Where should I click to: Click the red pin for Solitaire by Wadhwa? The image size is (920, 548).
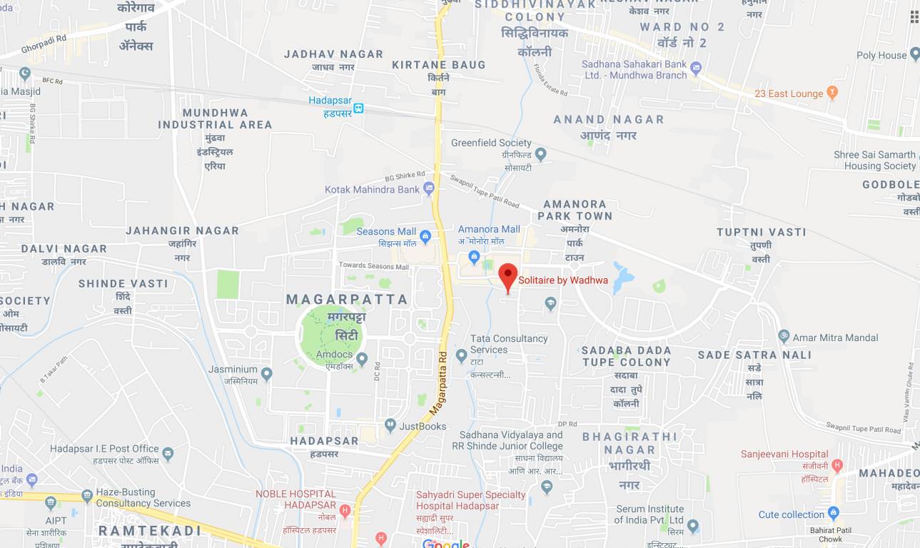(507, 275)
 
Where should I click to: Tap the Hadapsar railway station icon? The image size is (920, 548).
(358, 108)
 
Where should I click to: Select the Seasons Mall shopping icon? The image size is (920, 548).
(425, 235)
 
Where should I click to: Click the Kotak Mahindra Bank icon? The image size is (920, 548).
(429, 188)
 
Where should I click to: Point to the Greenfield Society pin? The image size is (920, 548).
(541, 153)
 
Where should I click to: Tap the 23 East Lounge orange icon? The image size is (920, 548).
(831, 93)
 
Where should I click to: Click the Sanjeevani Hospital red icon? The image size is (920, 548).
(837, 465)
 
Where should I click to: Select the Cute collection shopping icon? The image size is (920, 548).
(833, 514)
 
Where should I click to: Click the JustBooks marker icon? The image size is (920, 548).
(390, 425)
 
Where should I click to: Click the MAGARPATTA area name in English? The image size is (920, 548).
(347, 299)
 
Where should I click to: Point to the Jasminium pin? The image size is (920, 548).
(266, 373)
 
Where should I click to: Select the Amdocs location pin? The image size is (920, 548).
(362, 358)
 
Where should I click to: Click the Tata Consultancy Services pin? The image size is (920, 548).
(461, 355)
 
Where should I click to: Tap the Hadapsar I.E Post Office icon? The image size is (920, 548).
(168, 452)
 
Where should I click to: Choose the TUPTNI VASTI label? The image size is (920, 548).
(761, 232)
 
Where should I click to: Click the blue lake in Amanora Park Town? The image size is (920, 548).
(621, 277)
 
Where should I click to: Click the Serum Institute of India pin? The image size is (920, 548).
(692, 527)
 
